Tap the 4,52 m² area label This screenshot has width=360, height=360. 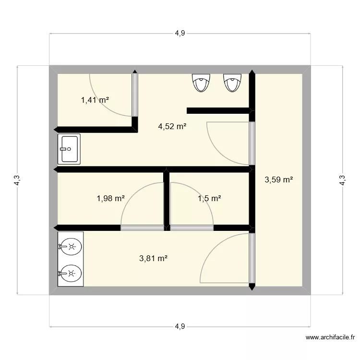(172, 127)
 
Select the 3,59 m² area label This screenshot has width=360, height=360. (279, 180)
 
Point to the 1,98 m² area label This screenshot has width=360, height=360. (110, 198)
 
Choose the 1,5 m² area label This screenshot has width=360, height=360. (209, 198)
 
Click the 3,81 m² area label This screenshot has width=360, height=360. (153, 258)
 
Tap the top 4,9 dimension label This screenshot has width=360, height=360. (180, 33)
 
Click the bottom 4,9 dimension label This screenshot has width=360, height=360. (180, 326)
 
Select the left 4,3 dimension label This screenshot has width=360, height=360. (17, 180)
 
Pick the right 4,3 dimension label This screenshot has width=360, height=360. (342, 180)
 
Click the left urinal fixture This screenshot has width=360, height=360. (201, 82)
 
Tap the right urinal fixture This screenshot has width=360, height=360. (232, 82)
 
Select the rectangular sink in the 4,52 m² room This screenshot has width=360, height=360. (69, 149)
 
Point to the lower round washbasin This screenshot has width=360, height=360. (70, 274)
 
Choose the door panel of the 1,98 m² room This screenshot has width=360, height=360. (142, 228)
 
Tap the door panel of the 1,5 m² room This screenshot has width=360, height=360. (192, 228)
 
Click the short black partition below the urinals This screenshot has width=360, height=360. (218, 110)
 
